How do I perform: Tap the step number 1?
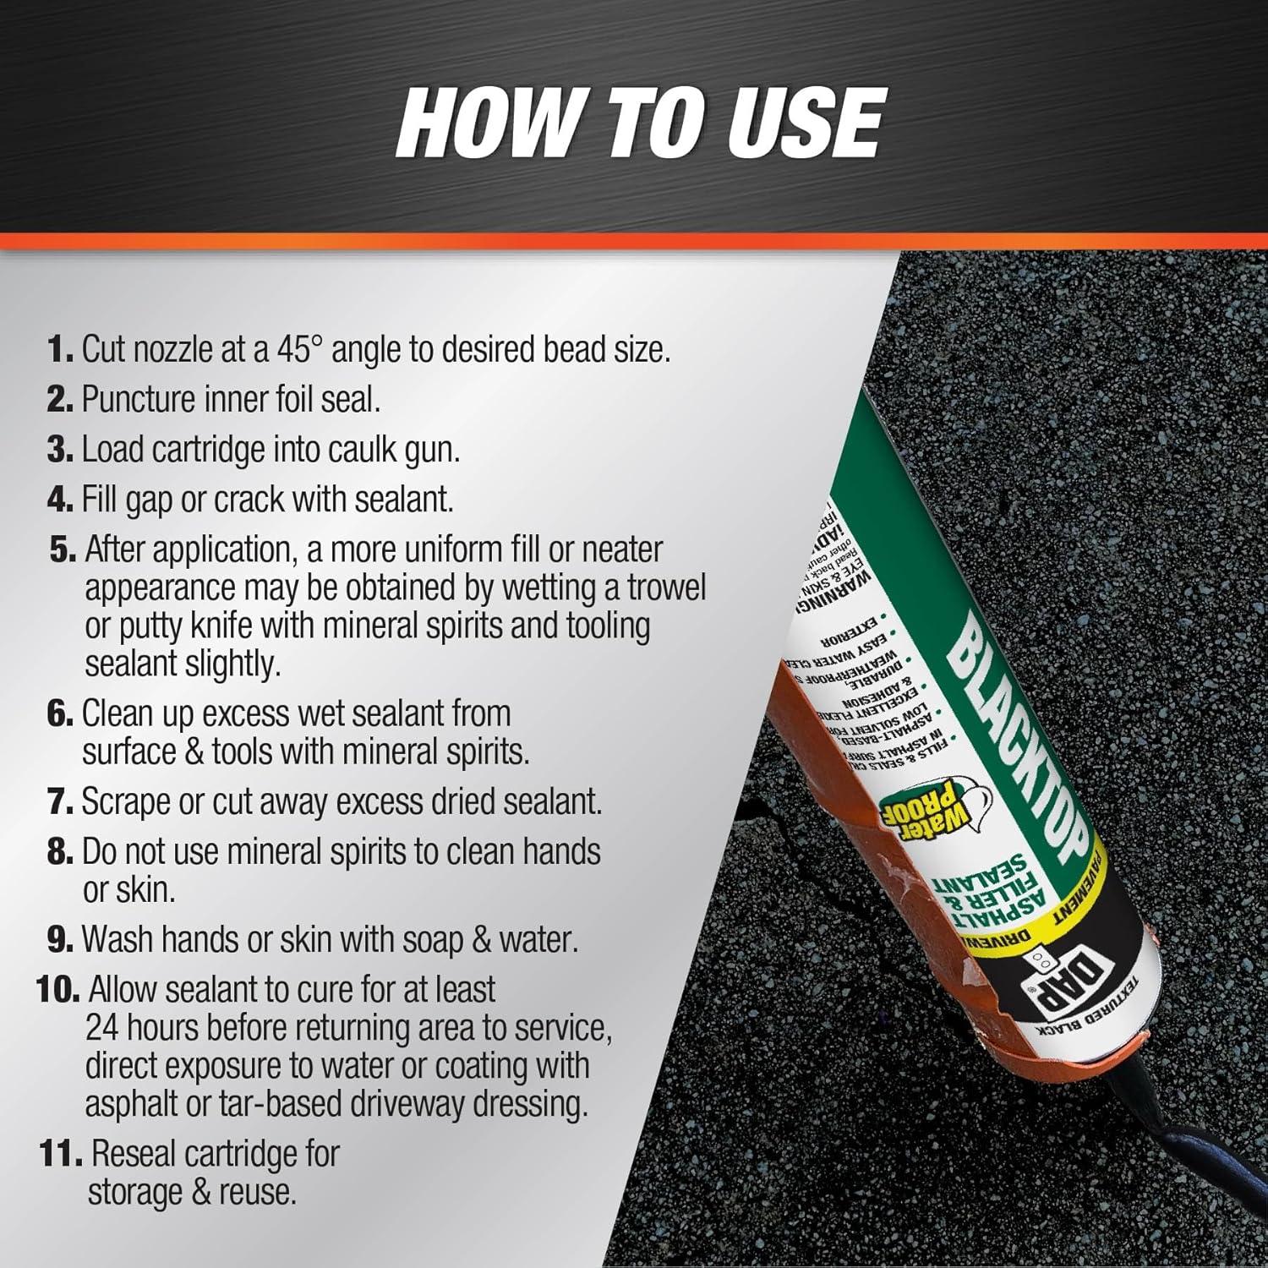pyautogui.click(x=61, y=350)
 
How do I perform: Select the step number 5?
pyautogui.click(x=63, y=549)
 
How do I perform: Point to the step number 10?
pyautogui.click(x=57, y=989)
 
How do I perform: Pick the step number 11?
pyautogui.click(x=61, y=1154)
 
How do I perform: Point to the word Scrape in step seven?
pyautogui.click(x=126, y=801)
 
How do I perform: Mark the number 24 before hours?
pyautogui.click(x=103, y=1028)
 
